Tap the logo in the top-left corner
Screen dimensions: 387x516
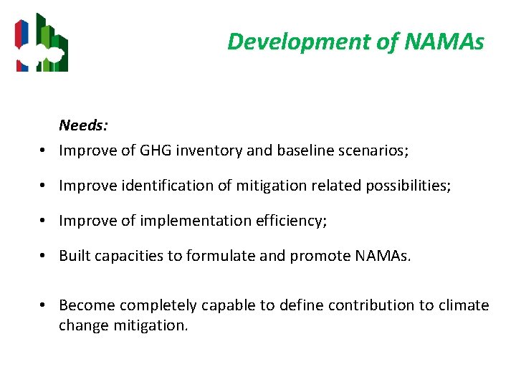tap(42, 43)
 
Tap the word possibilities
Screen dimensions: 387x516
tap(408, 186)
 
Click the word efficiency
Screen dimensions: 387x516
tap(292, 221)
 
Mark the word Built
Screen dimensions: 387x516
tap(75, 256)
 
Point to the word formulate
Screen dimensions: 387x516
tap(217, 256)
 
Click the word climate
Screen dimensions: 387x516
tap(464, 305)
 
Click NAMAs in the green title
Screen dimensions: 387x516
tap(444, 42)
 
